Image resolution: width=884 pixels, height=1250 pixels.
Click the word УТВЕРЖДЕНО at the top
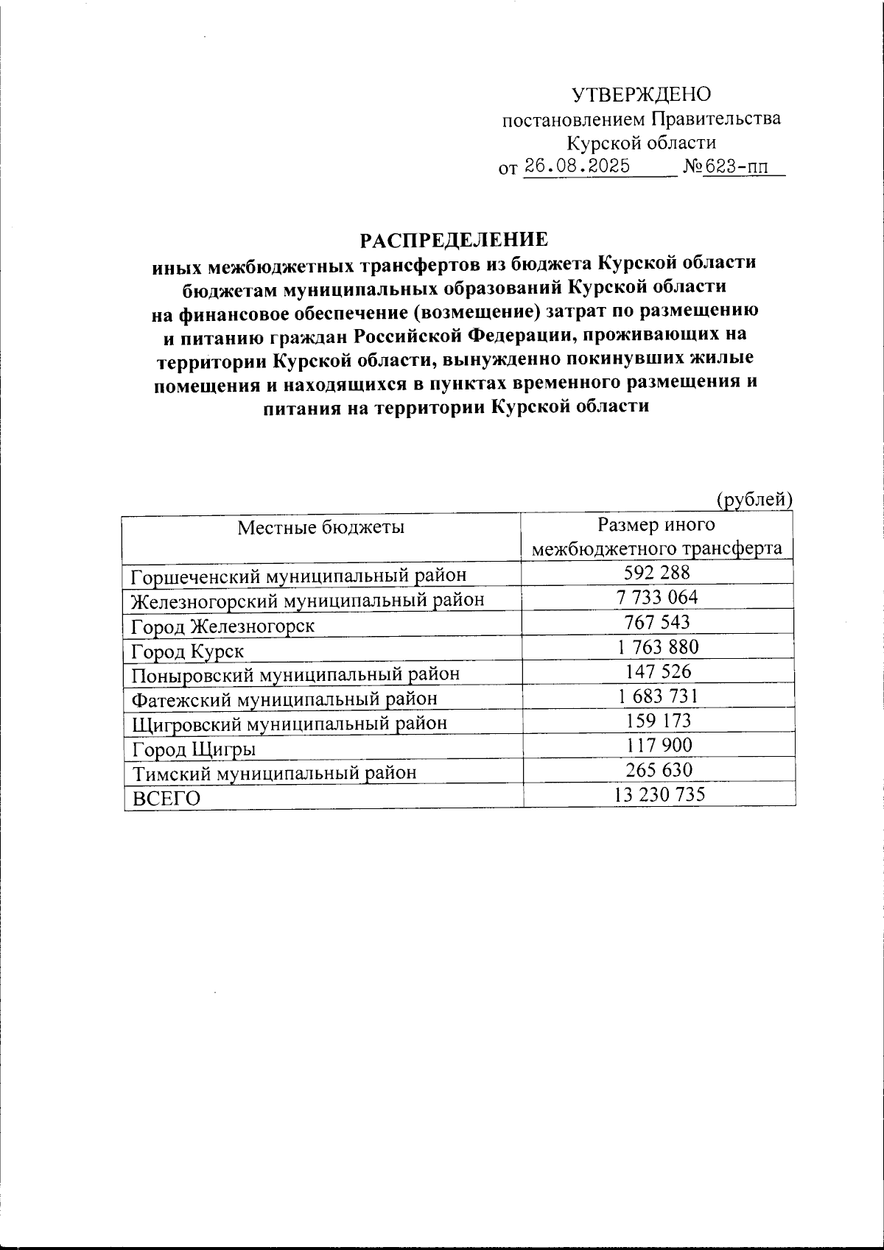pyautogui.click(x=642, y=94)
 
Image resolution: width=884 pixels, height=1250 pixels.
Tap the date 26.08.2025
pyautogui.click(x=577, y=166)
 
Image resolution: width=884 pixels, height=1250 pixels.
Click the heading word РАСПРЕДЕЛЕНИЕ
pyautogui.click(x=454, y=241)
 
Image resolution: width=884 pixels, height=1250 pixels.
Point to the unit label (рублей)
pyautogui.click(x=754, y=500)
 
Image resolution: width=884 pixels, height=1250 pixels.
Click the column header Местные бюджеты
pyautogui.click(x=320, y=527)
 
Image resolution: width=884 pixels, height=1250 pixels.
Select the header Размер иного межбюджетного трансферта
pyautogui.click(x=656, y=537)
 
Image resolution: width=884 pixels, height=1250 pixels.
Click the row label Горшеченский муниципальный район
pyautogui.click(x=298, y=576)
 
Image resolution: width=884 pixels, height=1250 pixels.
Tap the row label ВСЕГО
pyautogui.click(x=166, y=798)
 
